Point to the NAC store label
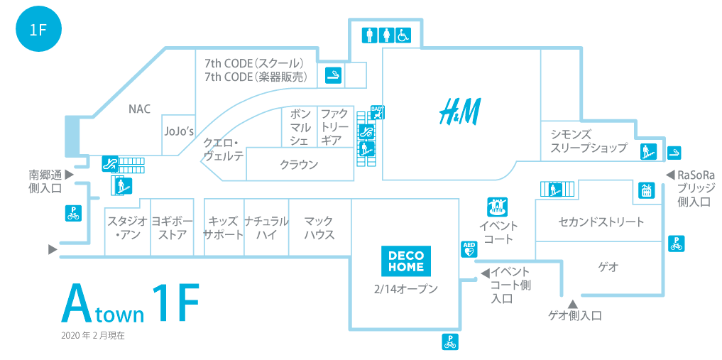point(139,109)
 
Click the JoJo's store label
point(179,131)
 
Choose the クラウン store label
point(299,165)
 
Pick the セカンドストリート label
point(601,222)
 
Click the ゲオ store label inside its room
point(608,267)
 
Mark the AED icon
point(469,248)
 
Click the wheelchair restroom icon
point(403,34)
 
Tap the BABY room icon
point(377,111)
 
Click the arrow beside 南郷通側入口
point(69,173)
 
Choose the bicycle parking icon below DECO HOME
point(449,342)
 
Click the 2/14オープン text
point(405,289)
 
